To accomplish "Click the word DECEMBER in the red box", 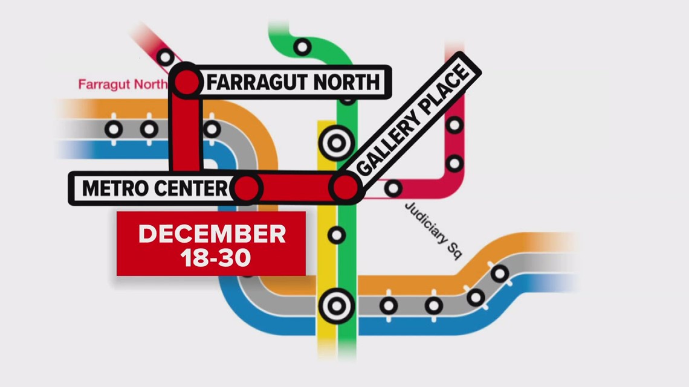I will tap(212, 234).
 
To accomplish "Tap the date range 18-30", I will tap(212, 258).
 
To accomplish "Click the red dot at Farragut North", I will tap(187, 82).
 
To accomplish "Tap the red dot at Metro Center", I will tap(246, 188).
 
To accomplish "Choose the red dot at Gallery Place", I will tap(345, 188).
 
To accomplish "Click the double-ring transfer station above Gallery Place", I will tap(336, 143).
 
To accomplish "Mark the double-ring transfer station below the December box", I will tap(336, 305).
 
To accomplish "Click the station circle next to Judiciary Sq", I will tap(393, 188).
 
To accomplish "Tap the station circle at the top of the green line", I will tap(302, 46).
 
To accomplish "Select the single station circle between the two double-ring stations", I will tap(336, 235).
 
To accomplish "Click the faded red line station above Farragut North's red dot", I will tap(165, 57).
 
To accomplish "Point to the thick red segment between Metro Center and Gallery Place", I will tap(296, 188).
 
